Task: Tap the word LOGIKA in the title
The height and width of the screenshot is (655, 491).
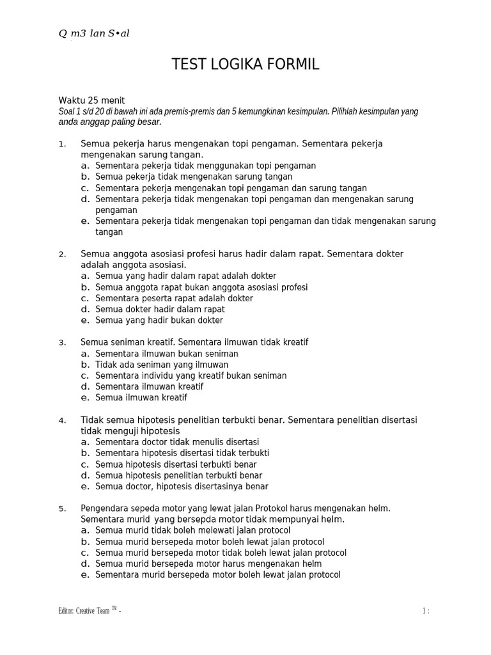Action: coord(232,65)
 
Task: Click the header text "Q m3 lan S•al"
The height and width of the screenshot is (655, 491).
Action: coord(94,33)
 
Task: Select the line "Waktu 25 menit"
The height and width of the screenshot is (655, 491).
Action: coord(91,100)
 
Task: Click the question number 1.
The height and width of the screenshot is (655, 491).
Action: coord(62,144)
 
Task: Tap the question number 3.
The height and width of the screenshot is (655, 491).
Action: coord(62,343)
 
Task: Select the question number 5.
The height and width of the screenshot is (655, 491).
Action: coord(62,509)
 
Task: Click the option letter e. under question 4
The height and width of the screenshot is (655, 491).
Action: coord(84,486)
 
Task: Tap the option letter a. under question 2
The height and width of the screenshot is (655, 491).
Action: coord(84,276)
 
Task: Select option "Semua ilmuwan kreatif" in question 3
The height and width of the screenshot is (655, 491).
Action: coord(141,398)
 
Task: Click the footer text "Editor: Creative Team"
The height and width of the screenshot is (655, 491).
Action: coord(84,612)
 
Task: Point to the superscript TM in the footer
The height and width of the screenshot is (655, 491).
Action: coord(114,609)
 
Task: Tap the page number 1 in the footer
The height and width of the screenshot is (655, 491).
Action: coord(424,612)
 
